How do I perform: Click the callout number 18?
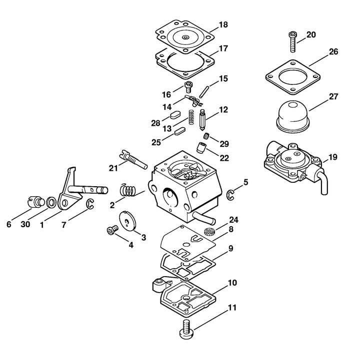(223, 24)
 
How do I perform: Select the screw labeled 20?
(292, 41)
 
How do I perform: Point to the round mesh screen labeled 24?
(209, 231)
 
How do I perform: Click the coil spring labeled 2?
(128, 190)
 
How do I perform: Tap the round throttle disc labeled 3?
(127, 221)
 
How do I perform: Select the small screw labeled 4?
(112, 230)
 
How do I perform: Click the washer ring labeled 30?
(51, 202)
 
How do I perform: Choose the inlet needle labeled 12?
(202, 119)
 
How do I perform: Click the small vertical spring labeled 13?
(191, 117)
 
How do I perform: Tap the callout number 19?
(332, 157)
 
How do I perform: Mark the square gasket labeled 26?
(292, 77)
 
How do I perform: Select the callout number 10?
(232, 283)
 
